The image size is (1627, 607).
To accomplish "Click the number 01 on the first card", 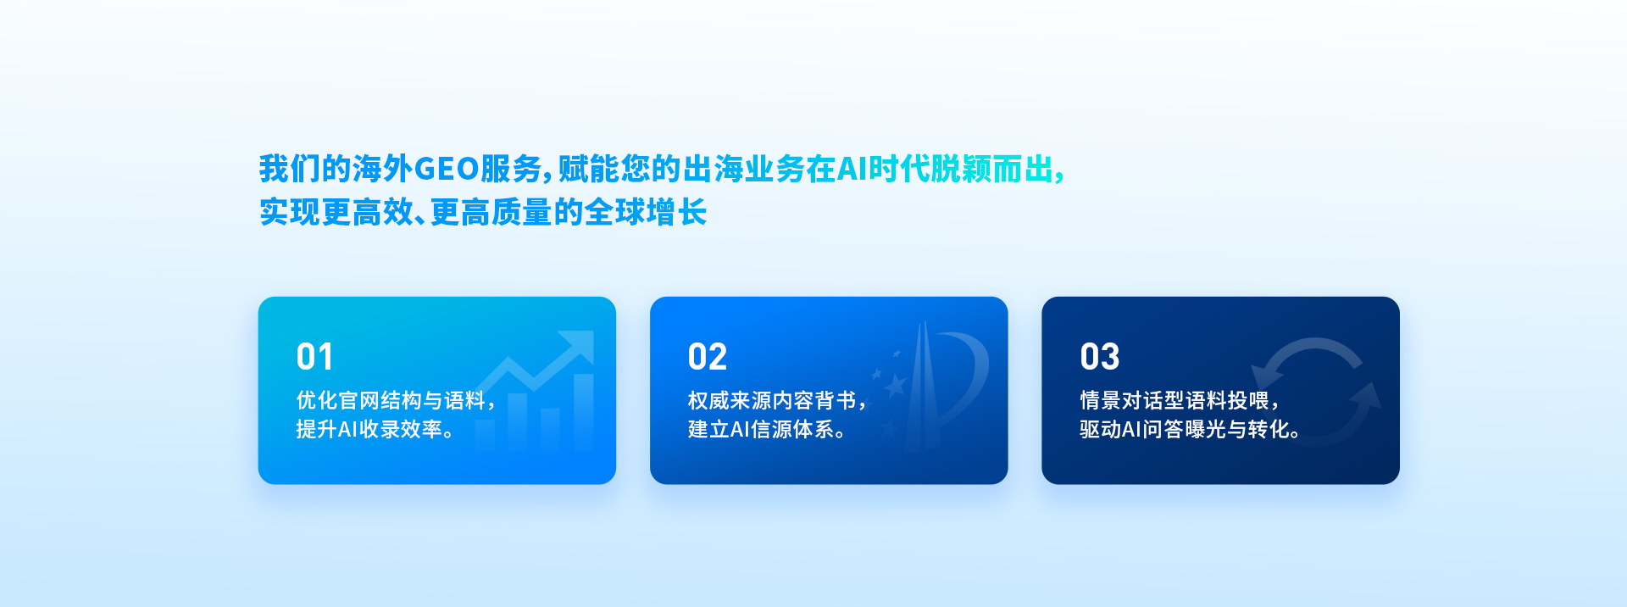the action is click(x=314, y=357).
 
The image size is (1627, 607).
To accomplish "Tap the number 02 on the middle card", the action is click(x=708, y=357).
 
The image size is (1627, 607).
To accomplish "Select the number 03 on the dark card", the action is click(x=1100, y=357).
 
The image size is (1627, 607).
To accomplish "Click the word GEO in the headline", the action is click(x=447, y=170).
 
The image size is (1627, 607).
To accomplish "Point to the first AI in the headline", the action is click(x=852, y=170).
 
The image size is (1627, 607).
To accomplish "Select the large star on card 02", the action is click(x=895, y=386).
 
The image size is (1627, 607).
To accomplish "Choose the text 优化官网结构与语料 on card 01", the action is click(x=391, y=400).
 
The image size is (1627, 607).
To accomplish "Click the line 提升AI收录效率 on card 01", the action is click(x=369, y=429).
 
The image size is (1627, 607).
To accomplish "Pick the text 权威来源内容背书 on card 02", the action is click(x=772, y=400).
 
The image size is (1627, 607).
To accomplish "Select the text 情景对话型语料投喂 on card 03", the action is click(x=1174, y=400).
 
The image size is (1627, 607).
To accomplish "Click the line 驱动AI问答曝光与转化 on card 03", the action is click(x=1185, y=429).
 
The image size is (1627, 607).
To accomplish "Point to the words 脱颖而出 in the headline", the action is click(x=991, y=170).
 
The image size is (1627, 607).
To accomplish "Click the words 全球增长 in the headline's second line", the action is click(x=646, y=212).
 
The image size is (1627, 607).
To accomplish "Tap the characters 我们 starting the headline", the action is click(x=290, y=170).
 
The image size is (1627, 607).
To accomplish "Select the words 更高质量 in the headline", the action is click(x=491, y=212).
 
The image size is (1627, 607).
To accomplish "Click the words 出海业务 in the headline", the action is click(x=744, y=170).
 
